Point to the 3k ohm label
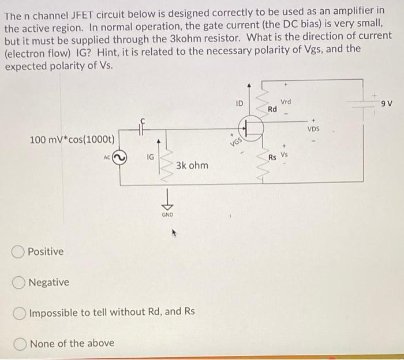coord(192,165)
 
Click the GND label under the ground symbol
coord(167,213)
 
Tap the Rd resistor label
coord(272,109)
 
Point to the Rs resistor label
coord(272,157)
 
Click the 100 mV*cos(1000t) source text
coord(73,140)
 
